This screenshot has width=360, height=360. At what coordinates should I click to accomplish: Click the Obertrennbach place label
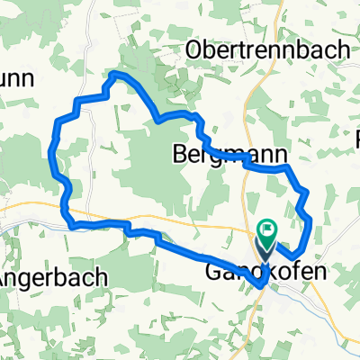[x=268, y=50]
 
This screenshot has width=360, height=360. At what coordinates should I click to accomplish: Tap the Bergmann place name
[x=208, y=154]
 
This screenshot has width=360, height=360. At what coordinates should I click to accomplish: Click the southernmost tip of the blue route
[x=261, y=285]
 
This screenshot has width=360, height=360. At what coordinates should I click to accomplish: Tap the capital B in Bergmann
[x=177, y=154]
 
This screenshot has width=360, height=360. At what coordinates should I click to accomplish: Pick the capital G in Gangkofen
[x=213, y=271]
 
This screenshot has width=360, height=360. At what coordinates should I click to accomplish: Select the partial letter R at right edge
[x=356, y=142]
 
